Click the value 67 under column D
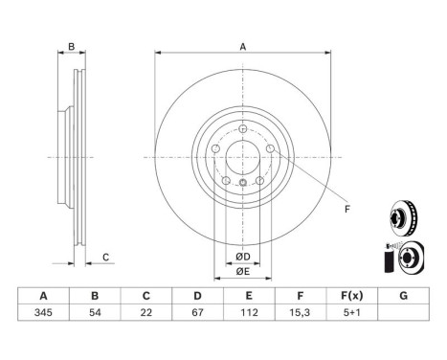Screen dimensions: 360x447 tap(196, 313)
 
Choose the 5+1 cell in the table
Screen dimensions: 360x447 tap(351, 313)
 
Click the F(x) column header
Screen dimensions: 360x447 tap(351, 297)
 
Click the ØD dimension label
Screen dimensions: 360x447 tap(243, 256)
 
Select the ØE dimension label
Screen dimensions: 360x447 tap(243, 272)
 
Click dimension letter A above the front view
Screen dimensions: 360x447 tap(242, 47)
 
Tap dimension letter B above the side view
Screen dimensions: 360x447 tap(70, 47)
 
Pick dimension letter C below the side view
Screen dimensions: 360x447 tap(107, 257)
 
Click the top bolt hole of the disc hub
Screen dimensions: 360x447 tap(243, 129)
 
